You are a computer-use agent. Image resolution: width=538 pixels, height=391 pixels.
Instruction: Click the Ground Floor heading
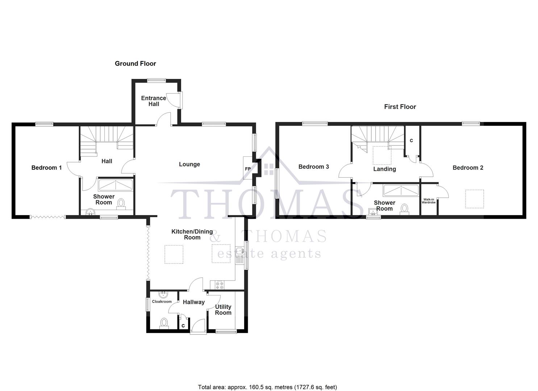click(135, 63)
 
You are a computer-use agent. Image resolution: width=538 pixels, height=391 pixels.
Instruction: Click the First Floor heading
click(400, 106)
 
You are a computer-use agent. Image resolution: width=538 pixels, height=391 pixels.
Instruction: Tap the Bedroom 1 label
click(46, 168)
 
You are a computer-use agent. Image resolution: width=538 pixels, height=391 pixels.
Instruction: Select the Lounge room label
click(189, 164)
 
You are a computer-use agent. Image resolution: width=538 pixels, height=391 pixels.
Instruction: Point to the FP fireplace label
click(248, 169)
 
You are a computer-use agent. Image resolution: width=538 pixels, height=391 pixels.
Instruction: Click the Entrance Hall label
click(154, 101)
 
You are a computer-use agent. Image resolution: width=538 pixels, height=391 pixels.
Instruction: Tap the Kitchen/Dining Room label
click(192, 234)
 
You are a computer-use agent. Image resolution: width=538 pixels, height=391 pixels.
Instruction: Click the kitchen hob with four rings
click(220, 285)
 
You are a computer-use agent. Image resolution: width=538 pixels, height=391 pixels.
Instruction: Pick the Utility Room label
click(223, 310)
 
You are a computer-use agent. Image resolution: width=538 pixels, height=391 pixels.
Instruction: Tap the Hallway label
click(193, 302)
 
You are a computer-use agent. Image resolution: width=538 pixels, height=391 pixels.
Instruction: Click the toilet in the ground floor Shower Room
click(121, 203)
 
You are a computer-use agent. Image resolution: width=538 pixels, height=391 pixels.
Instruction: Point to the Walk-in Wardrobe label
click(429, 201)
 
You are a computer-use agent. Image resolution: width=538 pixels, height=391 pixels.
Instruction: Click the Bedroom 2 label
click(468, 168)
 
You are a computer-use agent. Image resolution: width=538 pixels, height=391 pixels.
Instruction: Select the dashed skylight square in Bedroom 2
click(474, 199)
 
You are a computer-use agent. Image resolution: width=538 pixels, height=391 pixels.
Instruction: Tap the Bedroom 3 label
click(313, 167)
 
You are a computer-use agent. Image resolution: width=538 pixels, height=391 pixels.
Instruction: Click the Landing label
click(384, 169)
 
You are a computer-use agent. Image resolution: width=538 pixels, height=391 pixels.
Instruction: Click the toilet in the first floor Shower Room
click(404, 209)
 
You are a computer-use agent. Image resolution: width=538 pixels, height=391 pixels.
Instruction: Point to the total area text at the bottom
click(267, 387)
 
